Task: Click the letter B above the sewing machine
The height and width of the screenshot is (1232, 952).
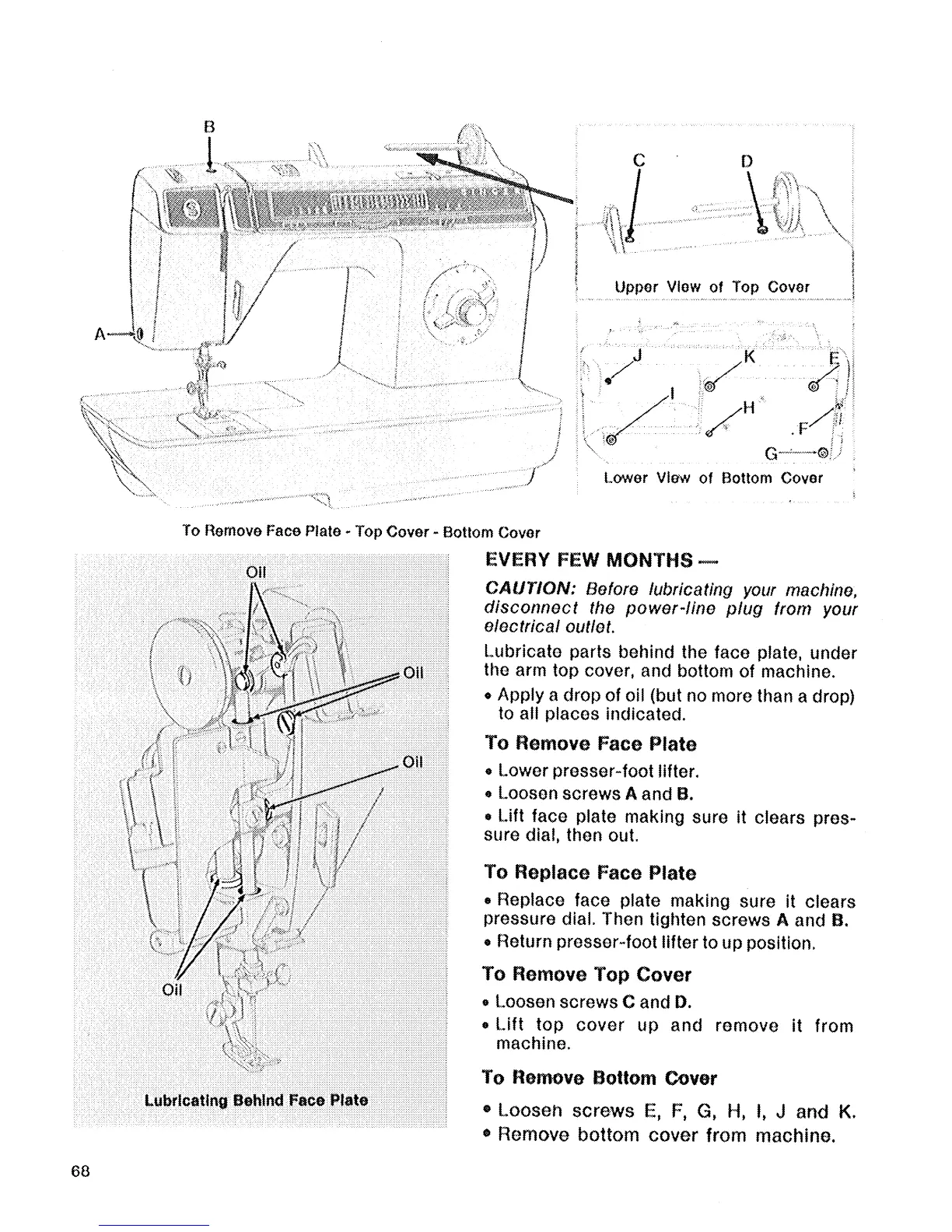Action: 209,127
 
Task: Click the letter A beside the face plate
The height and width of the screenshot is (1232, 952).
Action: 100,334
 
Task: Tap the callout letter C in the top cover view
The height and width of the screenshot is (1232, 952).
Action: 639,161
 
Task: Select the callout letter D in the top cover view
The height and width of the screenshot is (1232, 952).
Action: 747,161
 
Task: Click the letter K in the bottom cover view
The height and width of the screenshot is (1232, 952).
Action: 750,357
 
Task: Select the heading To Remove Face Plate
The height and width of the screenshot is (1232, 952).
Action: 590,744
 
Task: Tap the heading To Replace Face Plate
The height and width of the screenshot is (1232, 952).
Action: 590,873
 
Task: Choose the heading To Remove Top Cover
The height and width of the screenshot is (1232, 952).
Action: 586,975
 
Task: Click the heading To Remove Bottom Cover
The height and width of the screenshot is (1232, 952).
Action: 599,1078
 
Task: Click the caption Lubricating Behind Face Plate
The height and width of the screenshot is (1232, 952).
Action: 256,1101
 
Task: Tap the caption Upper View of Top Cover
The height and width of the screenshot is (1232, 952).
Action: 712,287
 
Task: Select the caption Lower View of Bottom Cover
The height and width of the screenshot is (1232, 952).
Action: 712,478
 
